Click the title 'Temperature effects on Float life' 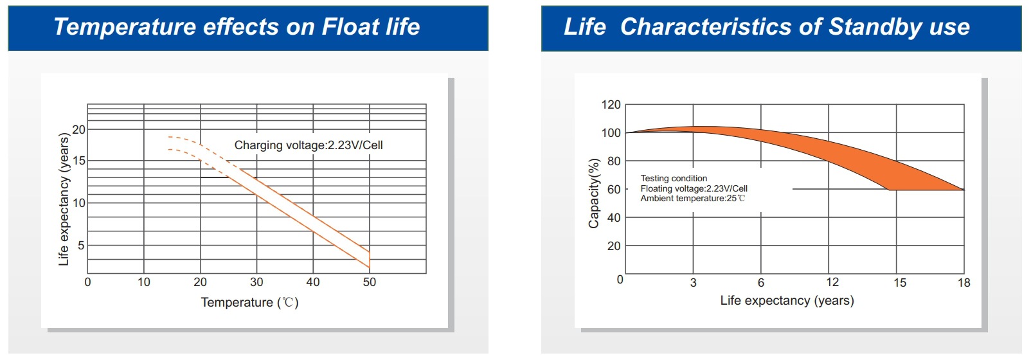[x=237, y=27]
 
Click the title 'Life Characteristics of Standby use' [x=766, y=27]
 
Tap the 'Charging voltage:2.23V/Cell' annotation [x=309, y=145]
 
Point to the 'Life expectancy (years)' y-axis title [x=63, y=199]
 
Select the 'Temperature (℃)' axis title [x=249, y=302]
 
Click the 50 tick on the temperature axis [x=369, y=282]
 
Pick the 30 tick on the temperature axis [x=256, y=282]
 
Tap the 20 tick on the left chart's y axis [x=78, y=129]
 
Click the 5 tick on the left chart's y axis [x=81, y=245]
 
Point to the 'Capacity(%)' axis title [x=594, y=193]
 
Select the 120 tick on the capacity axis [x=611, y=105]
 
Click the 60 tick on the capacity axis [x=614, y=189]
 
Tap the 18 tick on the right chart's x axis [x=964, y=283]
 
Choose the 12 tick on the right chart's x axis [x=832, y=282]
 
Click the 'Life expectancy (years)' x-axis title [x=787, y=301]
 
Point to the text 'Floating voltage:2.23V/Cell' [x=694, y=188]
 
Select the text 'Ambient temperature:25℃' [x=692, y=199]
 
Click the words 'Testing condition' [x=674, y=178]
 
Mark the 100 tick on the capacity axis [x=611, y=133]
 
